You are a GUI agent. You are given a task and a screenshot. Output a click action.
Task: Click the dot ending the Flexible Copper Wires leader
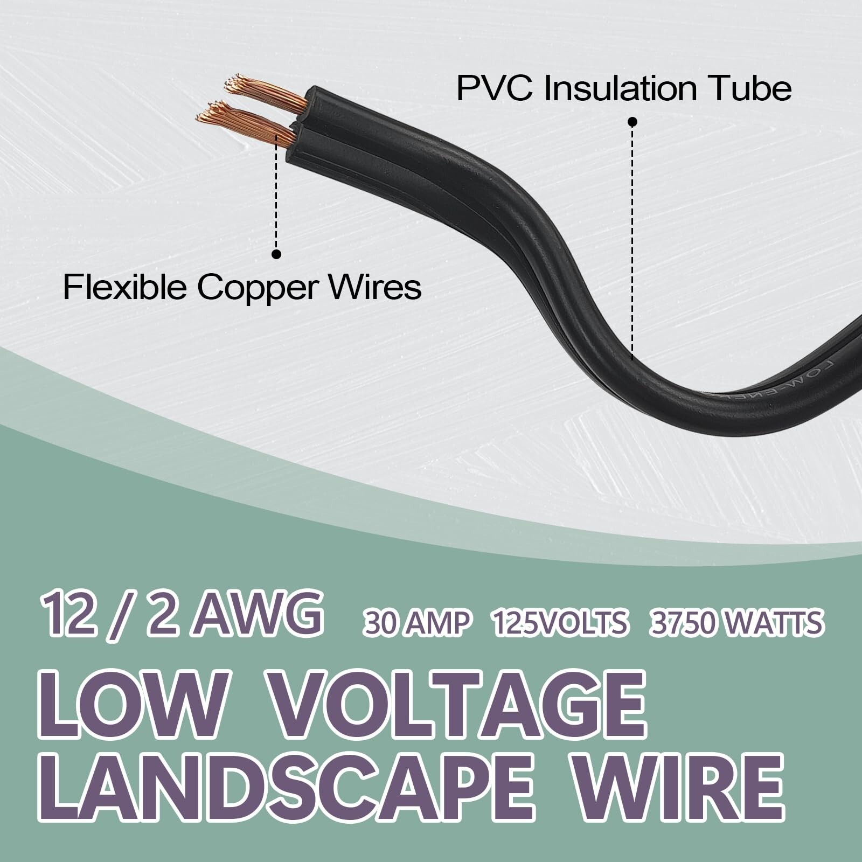(x=277, y=254)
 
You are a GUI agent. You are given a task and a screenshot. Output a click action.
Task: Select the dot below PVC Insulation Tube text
(x=633, y=122)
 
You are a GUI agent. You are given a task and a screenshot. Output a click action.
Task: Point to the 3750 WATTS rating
(x=736, y=623)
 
